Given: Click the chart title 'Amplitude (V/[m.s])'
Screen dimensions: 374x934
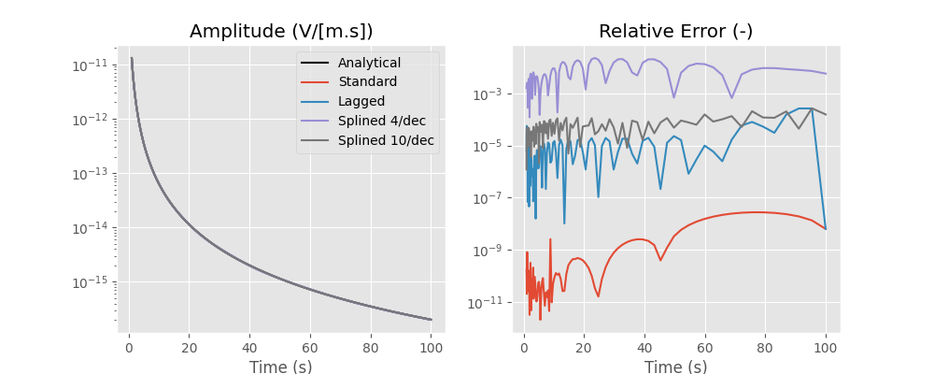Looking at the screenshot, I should pyautogui.click(x=281, y=31).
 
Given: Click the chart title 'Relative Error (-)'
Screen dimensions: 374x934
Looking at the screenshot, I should pyautogui.click(x=675, y=31).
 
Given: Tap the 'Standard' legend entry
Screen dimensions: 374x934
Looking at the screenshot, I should pyautogui.click(x=367, y=82).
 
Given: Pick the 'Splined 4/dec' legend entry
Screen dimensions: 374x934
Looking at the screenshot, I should pyautogui.click(x=381, y=121).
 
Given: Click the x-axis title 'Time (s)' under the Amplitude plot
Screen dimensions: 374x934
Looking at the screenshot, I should pyautogui.click(x=281, y=367).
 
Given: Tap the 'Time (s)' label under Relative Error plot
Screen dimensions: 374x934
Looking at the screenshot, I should pyautogui.click(x=675, y=367).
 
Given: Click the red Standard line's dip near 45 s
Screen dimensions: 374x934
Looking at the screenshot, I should pyautogui.click(x=660, y=260).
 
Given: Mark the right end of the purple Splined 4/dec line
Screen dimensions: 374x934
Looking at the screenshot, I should pyautogui.click(x=826, y=74).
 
